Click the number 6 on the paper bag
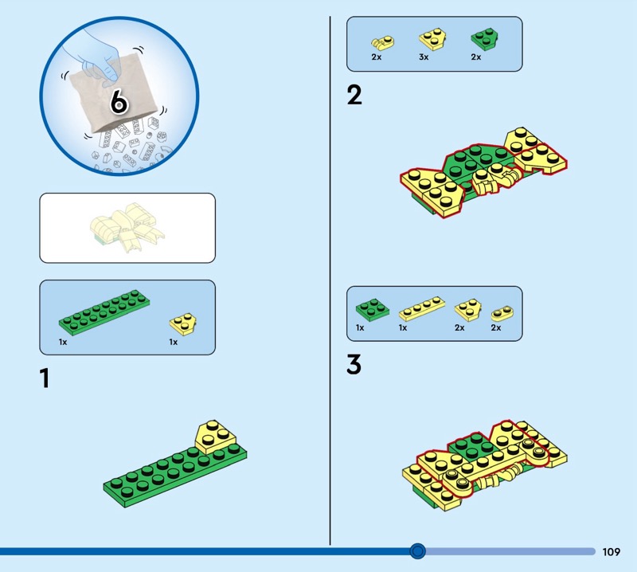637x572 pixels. pyautogui.click(x=119, y=102)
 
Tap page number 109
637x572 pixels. pyautogui.click(x=612, y=551)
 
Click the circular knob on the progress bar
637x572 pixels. pyautogui.click(x=417, y=550)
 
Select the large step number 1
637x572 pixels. pyautogui.click(x=45, y=378)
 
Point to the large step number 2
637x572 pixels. pyautogui.click(x=354, y=96)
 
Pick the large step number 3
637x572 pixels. pyautogui.click(x=354, y=365)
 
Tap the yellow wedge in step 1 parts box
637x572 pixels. pyautogui.click(x=183, y=322)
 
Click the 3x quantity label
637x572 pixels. pyautogui.click(x=424, y=57)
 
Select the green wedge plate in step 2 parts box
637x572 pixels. pyautogui.click(x=482, y=39)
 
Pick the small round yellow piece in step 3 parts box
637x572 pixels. pyautogui.click(x=502, y=312)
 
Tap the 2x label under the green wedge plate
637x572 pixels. pyautogui.click(x=475, y=57)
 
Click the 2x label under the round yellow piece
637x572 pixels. pyautogui.click(x=496, y=327)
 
